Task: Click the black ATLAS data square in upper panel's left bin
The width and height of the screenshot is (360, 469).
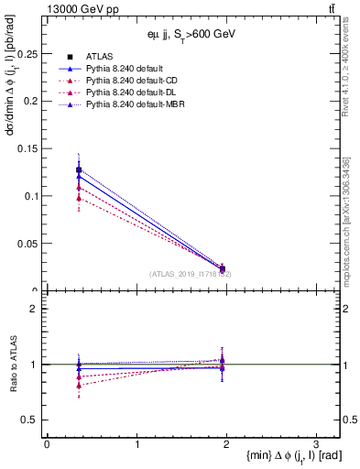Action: [79, 170]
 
